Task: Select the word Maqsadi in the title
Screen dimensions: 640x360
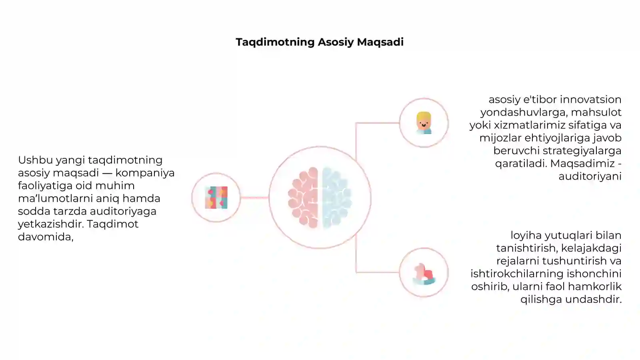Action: click(380, 42)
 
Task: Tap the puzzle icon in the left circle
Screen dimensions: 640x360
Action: click(216, 198)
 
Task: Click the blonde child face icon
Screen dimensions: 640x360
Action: click(424, 123)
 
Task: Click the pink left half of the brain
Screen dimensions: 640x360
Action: click(303, 198)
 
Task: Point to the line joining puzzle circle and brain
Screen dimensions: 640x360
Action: click(254, 198)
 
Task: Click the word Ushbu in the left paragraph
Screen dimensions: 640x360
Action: click(36, 160)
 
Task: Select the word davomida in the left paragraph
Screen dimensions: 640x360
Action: click(46, 237)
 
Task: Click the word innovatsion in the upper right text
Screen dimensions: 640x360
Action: click(590, 100)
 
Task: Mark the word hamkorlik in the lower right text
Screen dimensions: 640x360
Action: click(594, 286)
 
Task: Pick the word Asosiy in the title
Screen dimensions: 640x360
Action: click(336, 42)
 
